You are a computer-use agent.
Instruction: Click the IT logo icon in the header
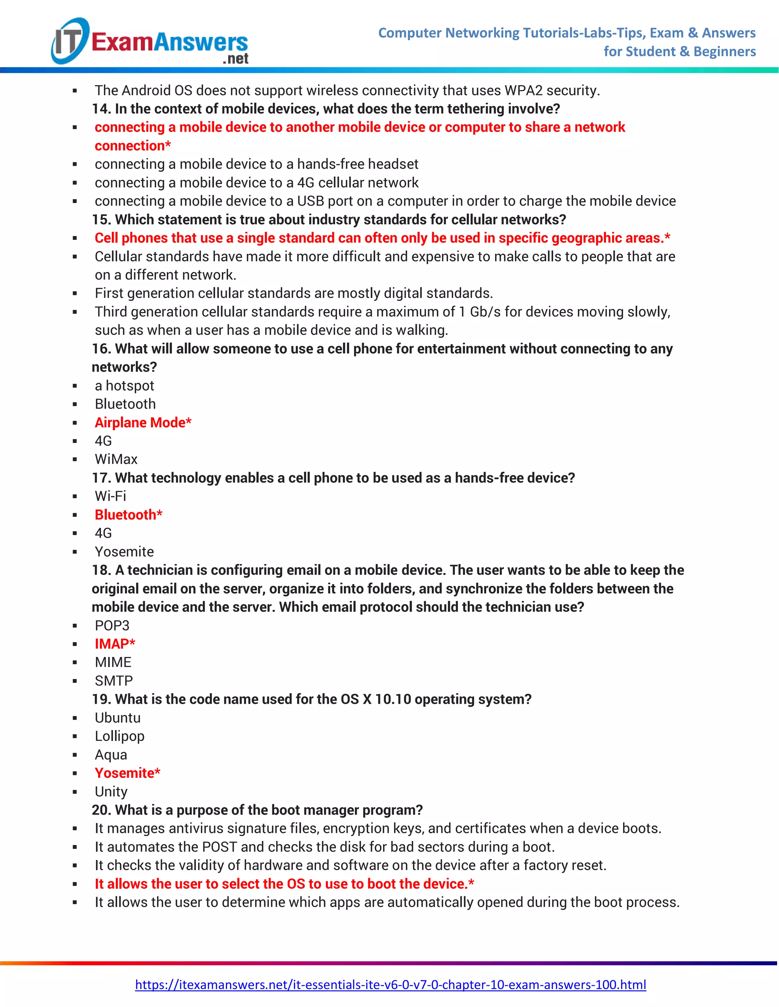pos(69,41)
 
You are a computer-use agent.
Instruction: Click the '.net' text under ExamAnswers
pos(235,59)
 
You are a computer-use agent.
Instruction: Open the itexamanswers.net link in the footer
pos(390,985)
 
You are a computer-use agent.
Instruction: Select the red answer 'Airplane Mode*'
pos(143,422)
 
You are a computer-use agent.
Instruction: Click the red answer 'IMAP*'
pos(114,644)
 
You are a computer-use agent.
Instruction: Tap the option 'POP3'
pos(112,625)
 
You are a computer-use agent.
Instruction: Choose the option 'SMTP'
pos(113,681)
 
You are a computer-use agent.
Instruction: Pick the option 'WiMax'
pos(116,459)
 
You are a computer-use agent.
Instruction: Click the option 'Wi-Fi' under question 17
pos(110,496)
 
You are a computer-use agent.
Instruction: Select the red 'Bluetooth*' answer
pos(128,515)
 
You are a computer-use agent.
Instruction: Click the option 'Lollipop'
pos(119,736)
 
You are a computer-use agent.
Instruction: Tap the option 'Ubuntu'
pos(117,718)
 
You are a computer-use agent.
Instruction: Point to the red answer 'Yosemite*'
pos(127,773)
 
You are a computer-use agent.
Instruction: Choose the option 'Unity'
pos(111,792)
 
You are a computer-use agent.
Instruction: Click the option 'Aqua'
pos(111,755)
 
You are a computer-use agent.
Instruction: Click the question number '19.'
pos(101,699)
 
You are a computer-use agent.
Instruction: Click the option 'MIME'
pos(113,662)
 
